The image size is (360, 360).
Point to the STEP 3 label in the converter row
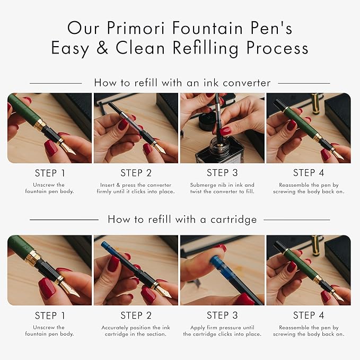pos(223,173)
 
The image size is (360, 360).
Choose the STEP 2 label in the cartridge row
pos(137,315)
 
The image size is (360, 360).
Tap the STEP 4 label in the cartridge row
pos(309,315)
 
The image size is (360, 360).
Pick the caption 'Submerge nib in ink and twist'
pos(223,188)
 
